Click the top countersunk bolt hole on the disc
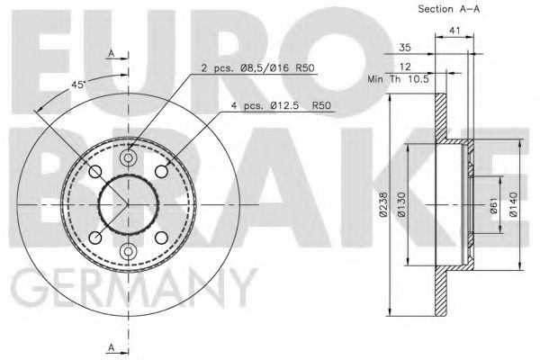click(x=128, y=160)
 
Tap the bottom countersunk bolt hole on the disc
click(x=128, y=250)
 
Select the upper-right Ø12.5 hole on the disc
click(x=161, y=172)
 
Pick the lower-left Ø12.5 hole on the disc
click(x=95, y=238)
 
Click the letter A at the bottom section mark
click(x=110, y=346)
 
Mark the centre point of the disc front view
click(x=128, y=205)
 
